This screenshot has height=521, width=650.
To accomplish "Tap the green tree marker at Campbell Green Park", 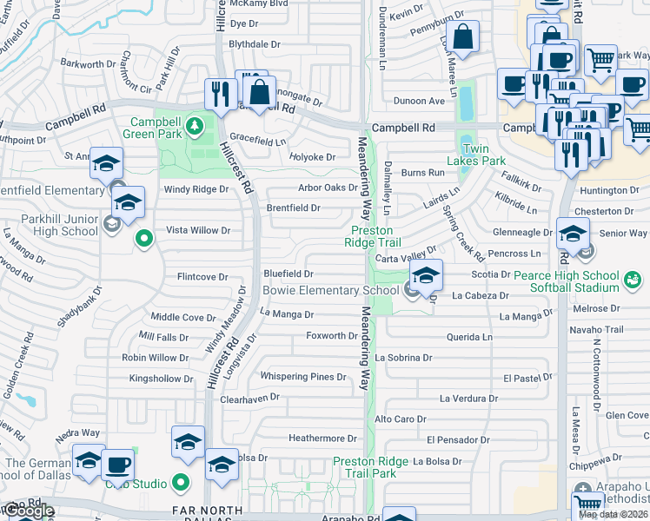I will (196, 126).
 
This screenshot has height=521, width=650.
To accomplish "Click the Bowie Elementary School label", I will (335, 291).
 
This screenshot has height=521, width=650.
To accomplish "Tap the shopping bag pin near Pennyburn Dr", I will (462, 38).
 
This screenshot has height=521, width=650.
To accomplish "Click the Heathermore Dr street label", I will (322, 439).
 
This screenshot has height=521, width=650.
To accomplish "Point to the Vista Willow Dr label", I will (198, 230).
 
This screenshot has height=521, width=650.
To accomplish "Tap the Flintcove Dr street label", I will (202, 277).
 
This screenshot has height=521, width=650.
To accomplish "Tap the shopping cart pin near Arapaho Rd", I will (587, 504).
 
